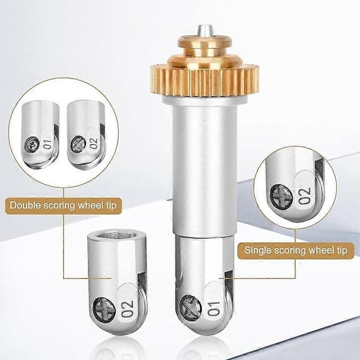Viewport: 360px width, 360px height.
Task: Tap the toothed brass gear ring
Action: (205, 80)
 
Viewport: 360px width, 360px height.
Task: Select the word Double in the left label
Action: (25, 205)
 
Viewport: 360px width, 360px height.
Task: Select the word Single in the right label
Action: (257, 250)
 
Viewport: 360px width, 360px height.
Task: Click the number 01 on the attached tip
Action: (214, 308)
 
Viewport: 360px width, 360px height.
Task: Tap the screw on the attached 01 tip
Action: (190, 307)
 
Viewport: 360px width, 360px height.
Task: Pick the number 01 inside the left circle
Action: (48, 144)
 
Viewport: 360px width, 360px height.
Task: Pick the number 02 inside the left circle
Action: (94, 143)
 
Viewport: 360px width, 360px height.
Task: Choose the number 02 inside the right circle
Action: (305, 196)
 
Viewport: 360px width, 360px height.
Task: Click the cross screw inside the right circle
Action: (281, 196)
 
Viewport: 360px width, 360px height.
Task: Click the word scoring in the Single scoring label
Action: (290, 250)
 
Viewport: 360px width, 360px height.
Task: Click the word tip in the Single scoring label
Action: (341, 250)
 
